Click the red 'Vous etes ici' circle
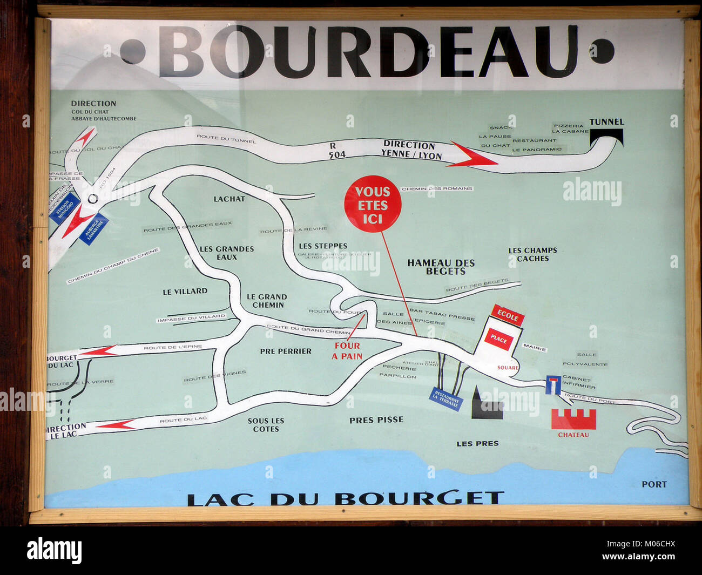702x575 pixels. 373,205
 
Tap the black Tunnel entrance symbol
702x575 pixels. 606,139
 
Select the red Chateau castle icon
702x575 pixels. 573,419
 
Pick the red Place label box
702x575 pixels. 498,340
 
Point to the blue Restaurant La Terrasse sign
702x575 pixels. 447,400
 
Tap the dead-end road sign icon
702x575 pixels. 552,384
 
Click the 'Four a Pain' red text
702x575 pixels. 347,351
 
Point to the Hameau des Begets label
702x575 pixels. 441,267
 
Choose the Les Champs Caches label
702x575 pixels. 532,254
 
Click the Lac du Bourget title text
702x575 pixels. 346,498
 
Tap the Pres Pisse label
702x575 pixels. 376,420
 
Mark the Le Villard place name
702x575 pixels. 185,291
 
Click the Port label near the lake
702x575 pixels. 654,484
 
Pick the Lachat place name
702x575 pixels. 229,199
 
